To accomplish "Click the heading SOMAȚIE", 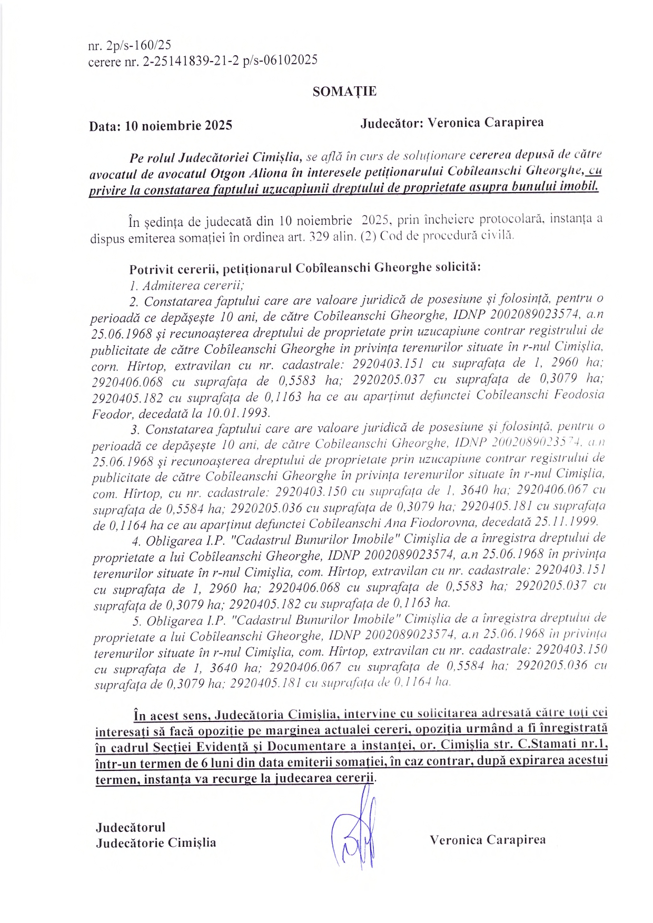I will (344, 92).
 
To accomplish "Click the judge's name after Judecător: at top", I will (486, 123).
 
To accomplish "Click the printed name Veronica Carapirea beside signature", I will (487, 839).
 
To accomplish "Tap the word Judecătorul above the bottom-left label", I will (131, 827).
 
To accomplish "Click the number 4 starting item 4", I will (136, 540).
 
